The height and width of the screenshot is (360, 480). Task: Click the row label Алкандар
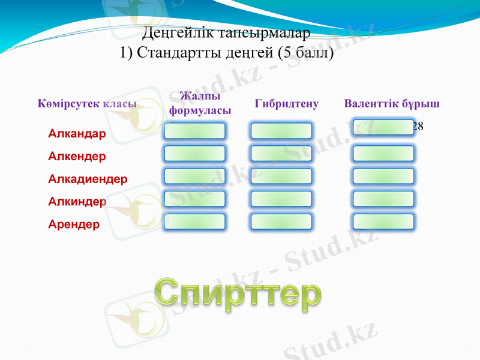coord(77,133)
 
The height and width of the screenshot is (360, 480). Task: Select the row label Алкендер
coord(77,156)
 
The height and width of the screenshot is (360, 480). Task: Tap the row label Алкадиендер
coord(88,179)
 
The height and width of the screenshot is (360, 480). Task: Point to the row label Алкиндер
coord(77,202)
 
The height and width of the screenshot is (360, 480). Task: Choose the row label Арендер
coord(74,224)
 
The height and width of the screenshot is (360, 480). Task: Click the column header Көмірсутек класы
coord(87,104)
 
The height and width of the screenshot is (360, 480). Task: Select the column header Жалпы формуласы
coord(200,104)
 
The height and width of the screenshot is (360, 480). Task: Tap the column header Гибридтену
coord(286,104)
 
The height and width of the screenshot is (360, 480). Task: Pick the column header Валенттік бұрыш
coord(392,104)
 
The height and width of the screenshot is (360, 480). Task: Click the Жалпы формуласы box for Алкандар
coord(194,131)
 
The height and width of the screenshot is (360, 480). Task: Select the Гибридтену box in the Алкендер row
coord(281,154)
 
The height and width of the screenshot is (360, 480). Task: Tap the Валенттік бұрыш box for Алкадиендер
coord(383,176)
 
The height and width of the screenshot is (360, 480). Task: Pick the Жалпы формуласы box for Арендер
coord(194,221)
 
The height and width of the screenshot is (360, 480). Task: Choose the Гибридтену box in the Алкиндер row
coord(281,199)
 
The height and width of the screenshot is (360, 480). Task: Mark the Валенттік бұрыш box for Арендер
coord(383,221)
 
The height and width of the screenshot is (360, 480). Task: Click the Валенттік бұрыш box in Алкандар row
coord(383,127)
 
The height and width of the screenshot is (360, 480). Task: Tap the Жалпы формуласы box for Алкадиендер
coord(194,176)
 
